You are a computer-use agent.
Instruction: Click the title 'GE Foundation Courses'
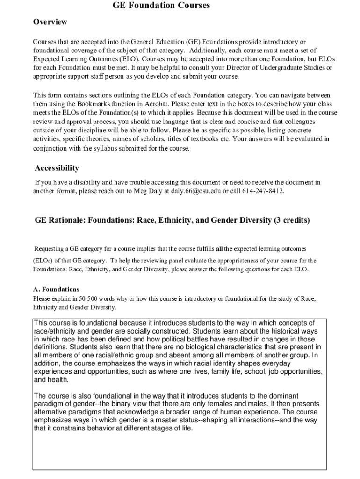(x=161, y=6)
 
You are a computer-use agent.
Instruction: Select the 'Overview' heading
(x=50, y=22)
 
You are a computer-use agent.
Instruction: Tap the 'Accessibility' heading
(x=57, y=168)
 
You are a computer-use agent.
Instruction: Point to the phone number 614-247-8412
(x=263, y=191)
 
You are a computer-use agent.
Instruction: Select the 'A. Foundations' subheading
(x=56, y=290)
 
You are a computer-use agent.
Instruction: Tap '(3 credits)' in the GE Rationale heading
(x=291, y=220)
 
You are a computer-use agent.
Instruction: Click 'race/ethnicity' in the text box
(x=55, y=331)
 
